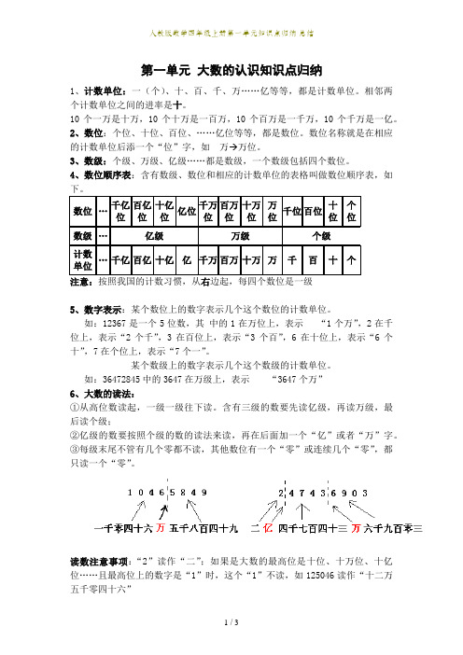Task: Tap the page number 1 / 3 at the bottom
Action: (231, 647)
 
